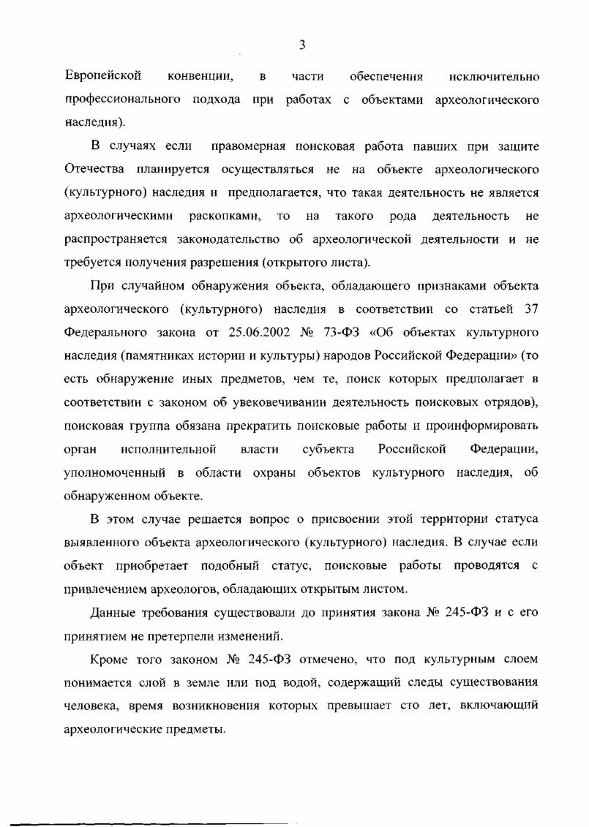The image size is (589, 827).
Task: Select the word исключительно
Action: (x=495, y=76)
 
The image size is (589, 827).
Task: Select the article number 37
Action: (x=531, y=308)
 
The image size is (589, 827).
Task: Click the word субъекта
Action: (x=329, y=448)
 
